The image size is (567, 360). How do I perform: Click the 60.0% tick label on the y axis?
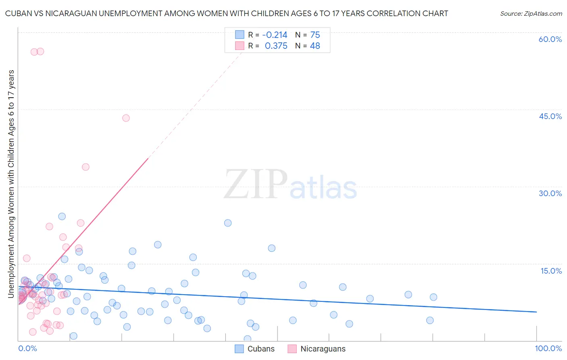pyautogui.click(x=550, y=39)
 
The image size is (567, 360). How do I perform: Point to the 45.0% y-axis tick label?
pyautogui.click(x=550, y=116)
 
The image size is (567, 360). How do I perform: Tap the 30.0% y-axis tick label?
pyautogui.click(x=550, y=193)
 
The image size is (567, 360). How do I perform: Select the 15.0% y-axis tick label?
pyautogui.click(x=551, y=271)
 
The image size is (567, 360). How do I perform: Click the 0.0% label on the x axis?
pyautogui.click(x=27, y=348)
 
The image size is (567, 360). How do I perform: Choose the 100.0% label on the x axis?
pyautogui.click(x=548, y=348)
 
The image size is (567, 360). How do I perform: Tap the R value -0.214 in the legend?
pyautogui.click(x=275, y=35)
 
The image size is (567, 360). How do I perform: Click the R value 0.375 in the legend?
pyautogui.click(x=276, y=46)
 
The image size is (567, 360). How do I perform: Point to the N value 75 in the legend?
pyautogui.click(x=315, y=35)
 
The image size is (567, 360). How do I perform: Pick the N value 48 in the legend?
pyautogui.click(x=315, y=46)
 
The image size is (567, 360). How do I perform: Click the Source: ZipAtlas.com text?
pyautogui.click(x=531, y=13)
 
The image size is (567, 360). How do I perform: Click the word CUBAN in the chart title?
pyautogui.click(x=18, y=13)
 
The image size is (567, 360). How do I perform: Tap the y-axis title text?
pyautogui.click(x=11, y=184)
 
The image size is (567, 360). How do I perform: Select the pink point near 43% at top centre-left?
pyautogui.click(x=126, y=118)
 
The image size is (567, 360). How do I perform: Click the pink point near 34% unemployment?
pyautogui.click(x=85, y=167)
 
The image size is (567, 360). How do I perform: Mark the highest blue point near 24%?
pyautogui.click(x=62, y=216)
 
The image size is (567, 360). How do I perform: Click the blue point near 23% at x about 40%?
pyautogui.click(x=228, y=223)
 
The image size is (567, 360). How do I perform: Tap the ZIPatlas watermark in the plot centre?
pyautogui.click(x=290, y=185)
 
